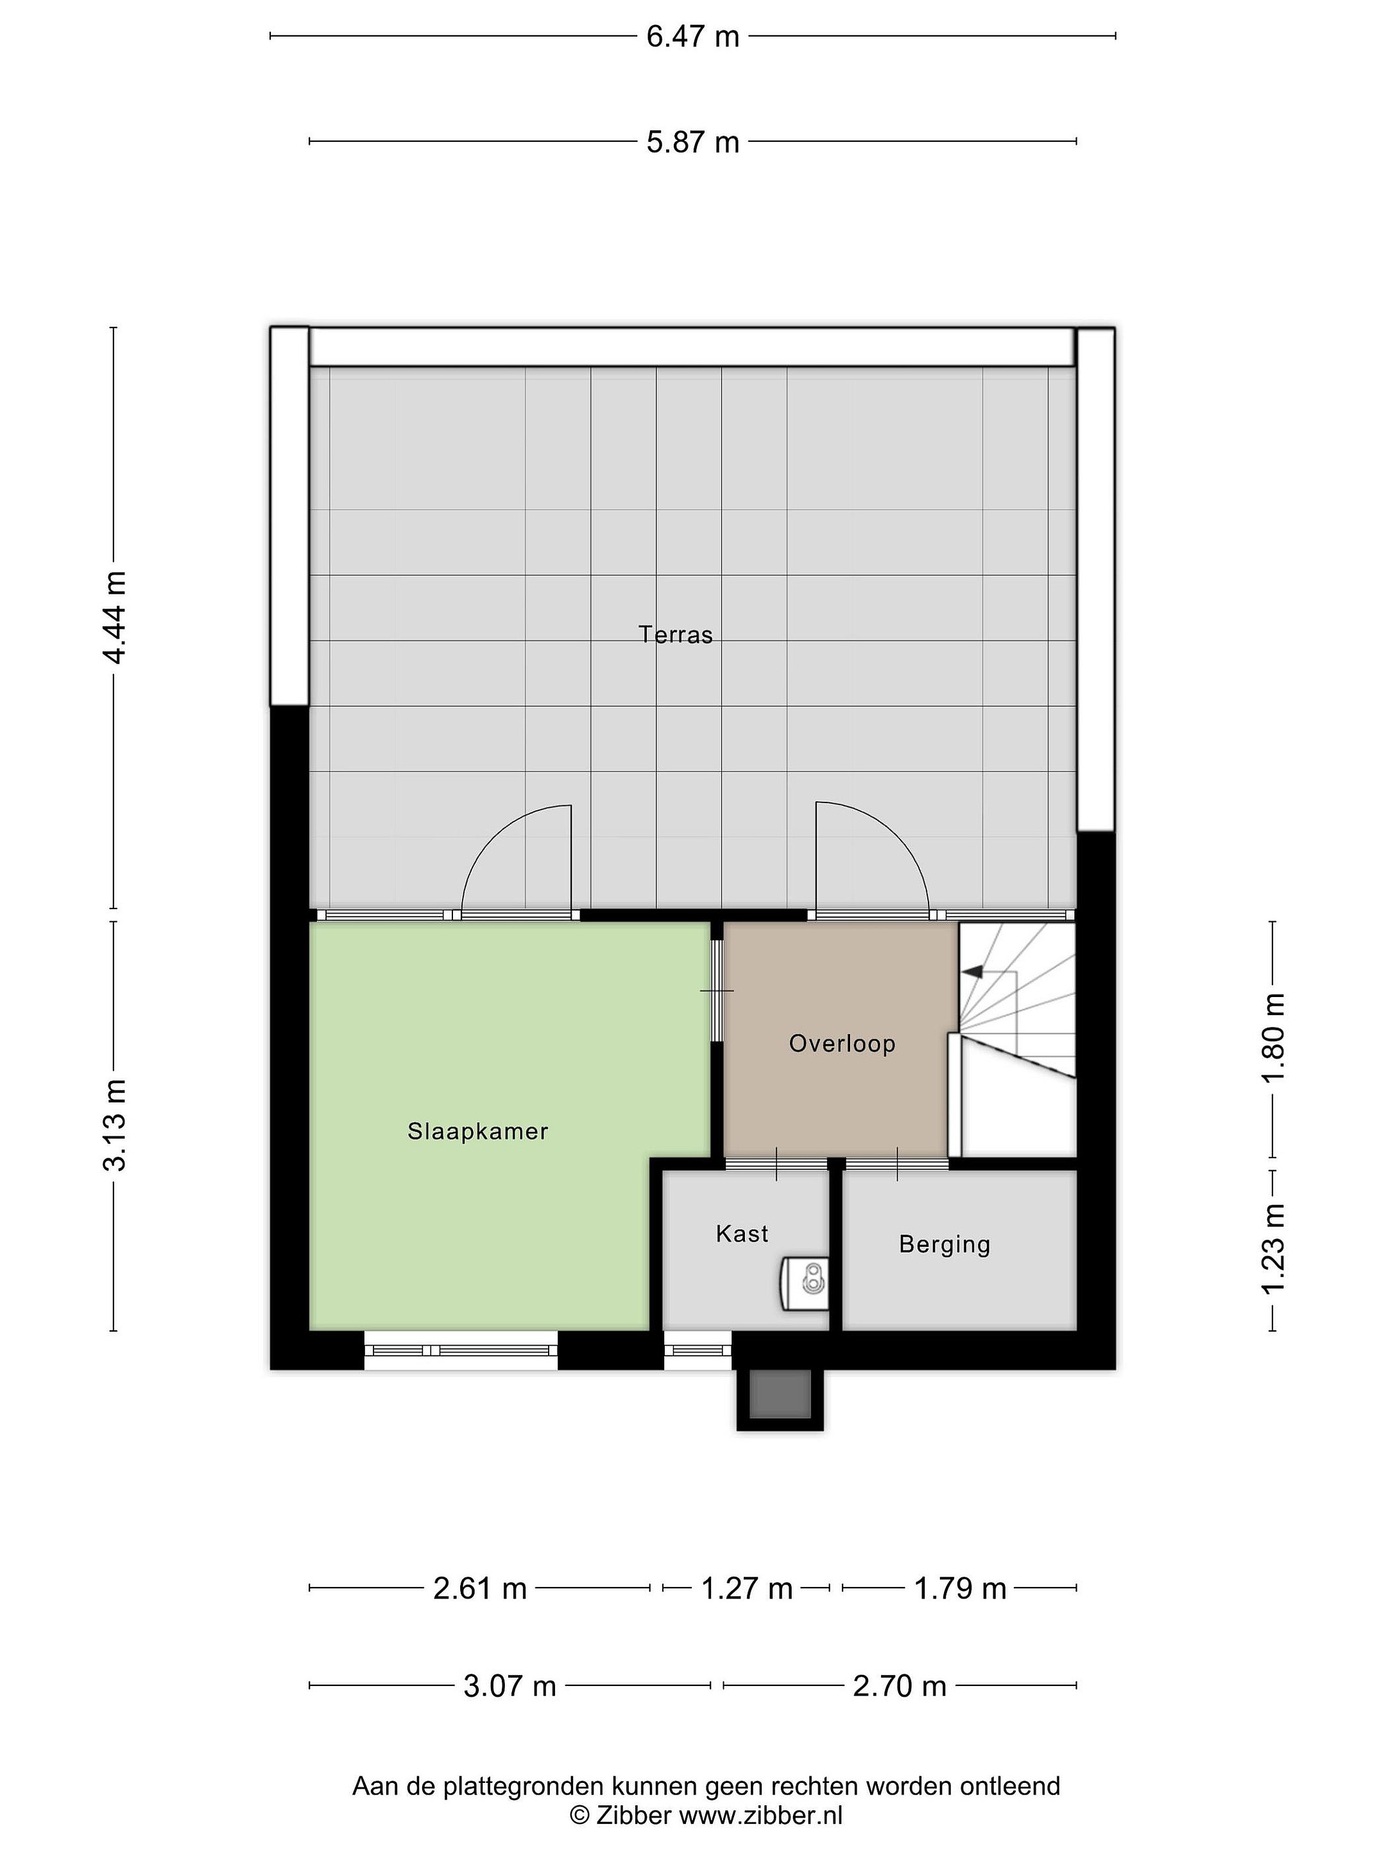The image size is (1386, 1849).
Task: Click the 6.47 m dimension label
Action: pos(692,37)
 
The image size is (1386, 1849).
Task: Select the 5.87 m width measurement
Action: pos(692,142)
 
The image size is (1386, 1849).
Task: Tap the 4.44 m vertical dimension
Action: pos(114,618)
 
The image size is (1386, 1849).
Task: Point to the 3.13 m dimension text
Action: pos(114,1124)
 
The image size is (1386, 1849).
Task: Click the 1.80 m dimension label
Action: pos(1272,1037)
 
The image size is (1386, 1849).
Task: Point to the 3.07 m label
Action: pos(509,1686)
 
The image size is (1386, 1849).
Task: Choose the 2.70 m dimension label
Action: pos(899,1686)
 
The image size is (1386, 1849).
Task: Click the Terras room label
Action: pos(676,636)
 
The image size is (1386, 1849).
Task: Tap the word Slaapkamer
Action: pos(478,1132)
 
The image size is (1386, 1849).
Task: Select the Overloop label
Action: pos(842,1043)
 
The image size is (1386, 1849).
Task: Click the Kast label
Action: pos(742,1234)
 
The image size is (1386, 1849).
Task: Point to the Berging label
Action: pos(945,1245)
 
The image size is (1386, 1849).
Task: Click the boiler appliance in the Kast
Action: pos(805,1283)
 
